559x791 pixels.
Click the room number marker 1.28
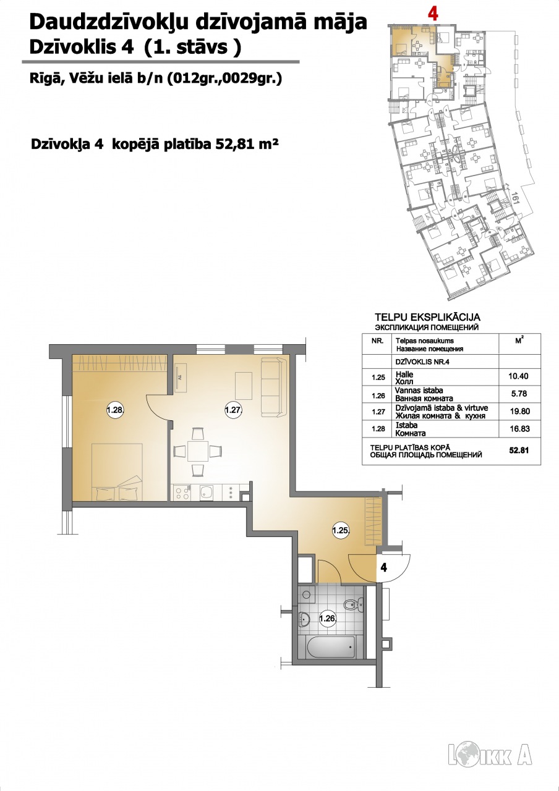click(x=115, y=410)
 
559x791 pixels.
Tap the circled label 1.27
click(x=233, y=410)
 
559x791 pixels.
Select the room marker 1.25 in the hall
click(x=341, y=530)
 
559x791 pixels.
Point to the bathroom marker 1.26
click(x=327, y=619)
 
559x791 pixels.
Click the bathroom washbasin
click(x=304, y=619)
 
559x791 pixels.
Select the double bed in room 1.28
click(x=117, y=472)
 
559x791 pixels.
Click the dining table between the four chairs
click(x=198, y=451)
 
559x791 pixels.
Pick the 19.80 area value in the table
click(x=519, y=412)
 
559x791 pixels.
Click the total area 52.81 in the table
click(x=519, y=450)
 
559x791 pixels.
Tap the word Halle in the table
click(x=404, y=374)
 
